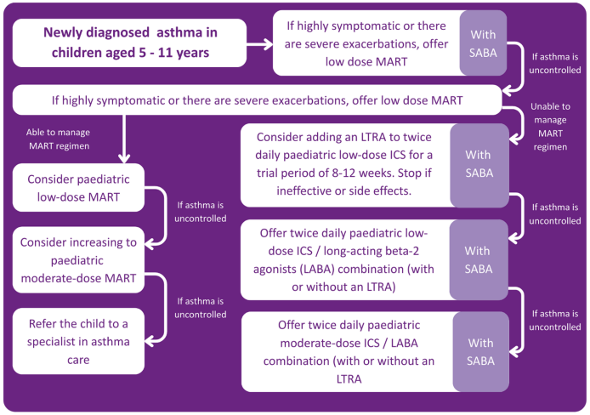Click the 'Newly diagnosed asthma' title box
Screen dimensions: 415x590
tap(130, 43)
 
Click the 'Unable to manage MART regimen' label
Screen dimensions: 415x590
tap(550, 125)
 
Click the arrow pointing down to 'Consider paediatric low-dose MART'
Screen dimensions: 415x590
tap(125, 139)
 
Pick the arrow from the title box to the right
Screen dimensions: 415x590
tap(260, 43)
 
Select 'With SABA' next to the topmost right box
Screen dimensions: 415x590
tap(483, 43)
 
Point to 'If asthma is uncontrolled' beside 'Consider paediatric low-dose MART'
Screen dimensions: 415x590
tap(201, 211)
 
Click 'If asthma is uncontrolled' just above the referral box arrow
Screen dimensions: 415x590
tap(201, 307)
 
